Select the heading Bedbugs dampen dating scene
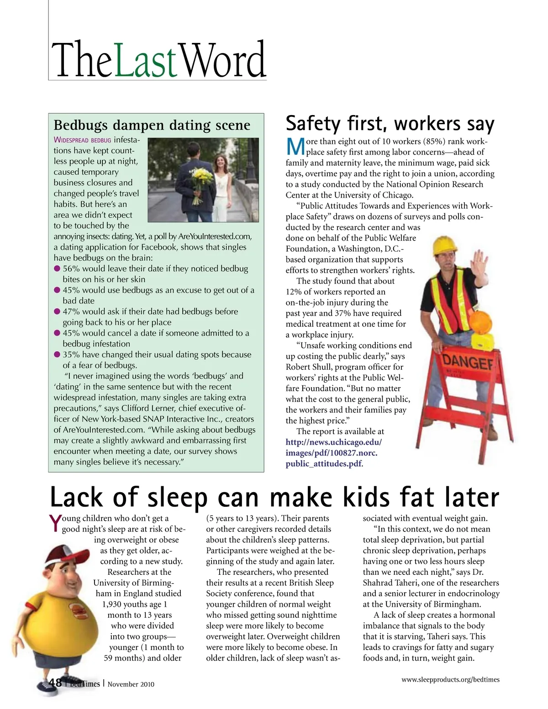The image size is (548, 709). point(152,125)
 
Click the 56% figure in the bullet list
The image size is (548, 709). point(71,269)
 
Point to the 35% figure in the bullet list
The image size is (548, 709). point(71,355)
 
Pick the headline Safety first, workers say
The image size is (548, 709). point(390,124)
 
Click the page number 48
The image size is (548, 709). point(56,683)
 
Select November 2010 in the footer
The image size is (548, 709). point(131,684)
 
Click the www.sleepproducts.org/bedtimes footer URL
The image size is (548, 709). point(450,679)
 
